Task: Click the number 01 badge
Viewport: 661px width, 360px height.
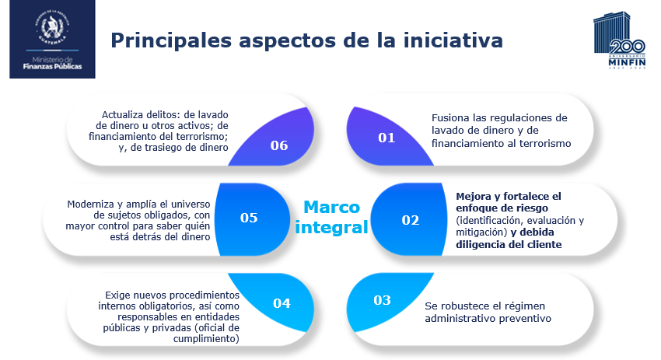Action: tap(386, 138)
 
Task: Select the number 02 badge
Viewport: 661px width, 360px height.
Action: tap(410, 219)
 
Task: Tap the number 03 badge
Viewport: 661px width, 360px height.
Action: tap(382, 299)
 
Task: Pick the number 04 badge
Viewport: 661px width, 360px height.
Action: tap(282, 303)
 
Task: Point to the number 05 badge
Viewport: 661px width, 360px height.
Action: tap(249, 218)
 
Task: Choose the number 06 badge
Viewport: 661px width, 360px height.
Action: tap(279, 145)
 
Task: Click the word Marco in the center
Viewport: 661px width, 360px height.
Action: tap(332, 207)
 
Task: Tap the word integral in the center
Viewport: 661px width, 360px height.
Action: tap(332, 227)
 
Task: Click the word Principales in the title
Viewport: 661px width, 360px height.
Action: tap(171, 41)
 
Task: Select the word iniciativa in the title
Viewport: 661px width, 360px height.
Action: tap(453, 40)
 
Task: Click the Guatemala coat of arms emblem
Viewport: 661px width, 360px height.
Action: tap(52, 27)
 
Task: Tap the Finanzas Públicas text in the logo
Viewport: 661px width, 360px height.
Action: tap(52, 67)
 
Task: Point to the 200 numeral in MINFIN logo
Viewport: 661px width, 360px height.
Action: tap(627, 47)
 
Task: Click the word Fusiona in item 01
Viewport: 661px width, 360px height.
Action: tap(450, 117)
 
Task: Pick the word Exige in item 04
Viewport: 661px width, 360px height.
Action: tap(117, 295)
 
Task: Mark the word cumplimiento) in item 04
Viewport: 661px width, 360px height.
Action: tap(206, 339)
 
